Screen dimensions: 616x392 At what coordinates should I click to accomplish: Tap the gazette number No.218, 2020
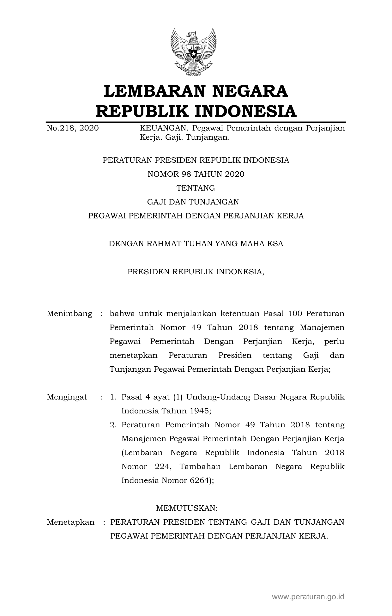(73, 128)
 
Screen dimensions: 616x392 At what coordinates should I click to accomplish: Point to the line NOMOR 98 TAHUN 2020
(196, 174)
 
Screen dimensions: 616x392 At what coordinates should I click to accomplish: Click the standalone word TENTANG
(196, 188)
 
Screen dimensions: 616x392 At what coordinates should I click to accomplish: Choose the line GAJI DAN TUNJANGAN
(196, 202)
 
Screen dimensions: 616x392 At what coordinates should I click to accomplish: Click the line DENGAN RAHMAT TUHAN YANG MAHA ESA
(196, 244)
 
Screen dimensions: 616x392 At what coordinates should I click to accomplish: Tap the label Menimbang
(69, 314)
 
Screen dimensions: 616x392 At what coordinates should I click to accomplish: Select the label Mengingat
(67, 397)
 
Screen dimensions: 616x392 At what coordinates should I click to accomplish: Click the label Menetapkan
(71, 522)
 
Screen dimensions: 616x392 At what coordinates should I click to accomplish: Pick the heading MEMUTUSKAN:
(187, 508)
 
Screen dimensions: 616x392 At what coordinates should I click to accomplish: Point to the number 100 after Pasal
(295, 314)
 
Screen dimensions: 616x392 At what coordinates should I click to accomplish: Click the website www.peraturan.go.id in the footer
(308, 597)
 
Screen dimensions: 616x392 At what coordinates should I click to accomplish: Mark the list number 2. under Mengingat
(113, 425)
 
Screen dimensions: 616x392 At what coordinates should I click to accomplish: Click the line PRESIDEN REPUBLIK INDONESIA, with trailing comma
(196, 271)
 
